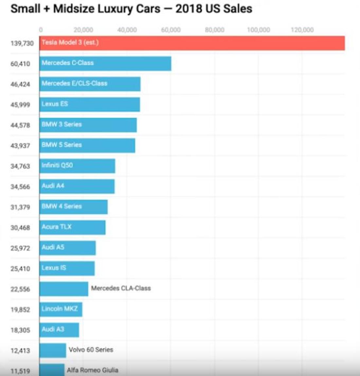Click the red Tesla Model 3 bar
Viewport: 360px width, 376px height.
[x=192, y=43]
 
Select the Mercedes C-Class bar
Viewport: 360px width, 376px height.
[x=105, y=63]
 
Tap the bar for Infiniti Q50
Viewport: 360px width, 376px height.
[x=77, y=166]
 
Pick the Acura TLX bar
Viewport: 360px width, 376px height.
[x=72, y=227]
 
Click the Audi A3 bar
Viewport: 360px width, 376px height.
[x=59, y=330]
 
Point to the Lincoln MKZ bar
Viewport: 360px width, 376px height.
[x=61, y=309]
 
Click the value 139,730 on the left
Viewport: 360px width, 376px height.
[x=22, y=43]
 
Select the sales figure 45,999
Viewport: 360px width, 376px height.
[x=20, y=105]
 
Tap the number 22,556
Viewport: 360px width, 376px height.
[x=20, y=289]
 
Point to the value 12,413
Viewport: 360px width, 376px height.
[x=20, y=350]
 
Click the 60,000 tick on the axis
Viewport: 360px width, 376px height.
[x=171, y=30]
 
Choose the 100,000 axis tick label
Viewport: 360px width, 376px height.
[x=258, y=30]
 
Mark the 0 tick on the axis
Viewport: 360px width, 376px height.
[x=41, y=30]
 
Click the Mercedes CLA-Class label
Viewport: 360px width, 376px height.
[x=121, y=288]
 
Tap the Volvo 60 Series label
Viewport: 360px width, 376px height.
[x=91, y=350]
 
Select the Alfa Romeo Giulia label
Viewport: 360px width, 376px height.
[x=93, y=370]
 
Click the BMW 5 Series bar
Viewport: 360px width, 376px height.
[x=87, y=145]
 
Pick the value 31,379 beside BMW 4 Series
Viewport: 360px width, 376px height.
[x=20, y=207]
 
